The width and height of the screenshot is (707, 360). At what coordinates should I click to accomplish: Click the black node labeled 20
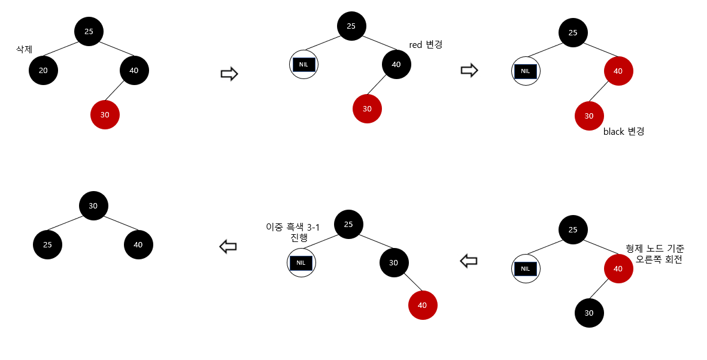click(43, 71)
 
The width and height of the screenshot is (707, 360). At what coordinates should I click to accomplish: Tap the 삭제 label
click(25, 50)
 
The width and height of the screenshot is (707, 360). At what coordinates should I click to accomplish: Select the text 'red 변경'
click(425, 45)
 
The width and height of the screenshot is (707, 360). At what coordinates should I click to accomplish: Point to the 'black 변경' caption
click(624, 131)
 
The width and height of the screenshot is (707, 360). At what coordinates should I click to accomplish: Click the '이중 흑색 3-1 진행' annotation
click(296, 232)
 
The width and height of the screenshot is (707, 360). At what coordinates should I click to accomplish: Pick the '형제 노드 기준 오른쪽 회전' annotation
click(655, 254)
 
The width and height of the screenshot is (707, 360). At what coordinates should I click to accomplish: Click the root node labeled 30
click(93, 205)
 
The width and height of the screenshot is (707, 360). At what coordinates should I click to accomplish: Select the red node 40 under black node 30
click(423, 305)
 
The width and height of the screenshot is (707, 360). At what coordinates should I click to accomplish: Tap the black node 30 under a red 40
click(589, 313)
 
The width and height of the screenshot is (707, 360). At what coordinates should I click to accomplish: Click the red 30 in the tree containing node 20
click(105, 114)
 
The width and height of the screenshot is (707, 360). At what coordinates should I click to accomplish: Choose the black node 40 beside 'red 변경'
click(396, 65)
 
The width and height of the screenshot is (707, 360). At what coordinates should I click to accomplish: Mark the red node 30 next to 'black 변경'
click(589, 116)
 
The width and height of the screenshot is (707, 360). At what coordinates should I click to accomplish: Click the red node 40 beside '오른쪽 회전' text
click(618, 268)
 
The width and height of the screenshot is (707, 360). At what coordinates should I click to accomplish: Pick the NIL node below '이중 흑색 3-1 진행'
click(301, 263)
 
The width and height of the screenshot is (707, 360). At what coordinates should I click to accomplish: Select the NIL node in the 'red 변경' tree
click(304, 64)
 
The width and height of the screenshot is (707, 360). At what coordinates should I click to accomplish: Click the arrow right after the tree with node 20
click(229, 74)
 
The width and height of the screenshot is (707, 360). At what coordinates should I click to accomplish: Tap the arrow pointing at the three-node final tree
click(228, 246)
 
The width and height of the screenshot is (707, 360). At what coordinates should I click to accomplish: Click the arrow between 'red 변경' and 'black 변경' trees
click(469, 71)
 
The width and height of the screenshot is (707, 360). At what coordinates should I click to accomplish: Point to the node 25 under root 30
click(47, 245)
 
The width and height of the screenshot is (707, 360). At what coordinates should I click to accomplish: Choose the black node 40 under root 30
click(138, 245)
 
